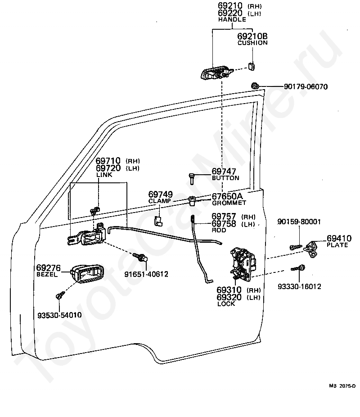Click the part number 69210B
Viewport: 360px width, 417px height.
click(x=252, y=36)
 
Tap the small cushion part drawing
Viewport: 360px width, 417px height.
click(x=252, y=66)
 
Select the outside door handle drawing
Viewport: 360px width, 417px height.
click(x=216, y=73)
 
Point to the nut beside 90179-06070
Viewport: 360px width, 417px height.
click(x=255, y=86)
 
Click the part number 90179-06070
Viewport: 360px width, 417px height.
click(x=306, y=87)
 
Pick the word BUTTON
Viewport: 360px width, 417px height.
click(x=225, y=178)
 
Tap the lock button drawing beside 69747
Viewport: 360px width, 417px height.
click(x=192, y=178)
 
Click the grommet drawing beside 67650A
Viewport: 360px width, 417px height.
click(x=192, y=200)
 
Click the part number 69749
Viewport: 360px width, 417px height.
click(x=161, y=194)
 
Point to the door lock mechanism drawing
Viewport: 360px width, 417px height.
click(x=243, y=263)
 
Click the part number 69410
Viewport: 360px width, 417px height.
click(x=339, y=238)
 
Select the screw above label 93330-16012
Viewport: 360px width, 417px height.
click(x=298, y=268)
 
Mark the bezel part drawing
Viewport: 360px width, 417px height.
click(x=87, y=274)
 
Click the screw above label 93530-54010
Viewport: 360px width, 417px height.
click(x=60, y=295)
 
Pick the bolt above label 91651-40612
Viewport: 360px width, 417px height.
click(x=140, y=257)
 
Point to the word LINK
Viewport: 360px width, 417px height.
click(x=104, y=175)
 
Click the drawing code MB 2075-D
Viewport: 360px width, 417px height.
click(x=342, y=386)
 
